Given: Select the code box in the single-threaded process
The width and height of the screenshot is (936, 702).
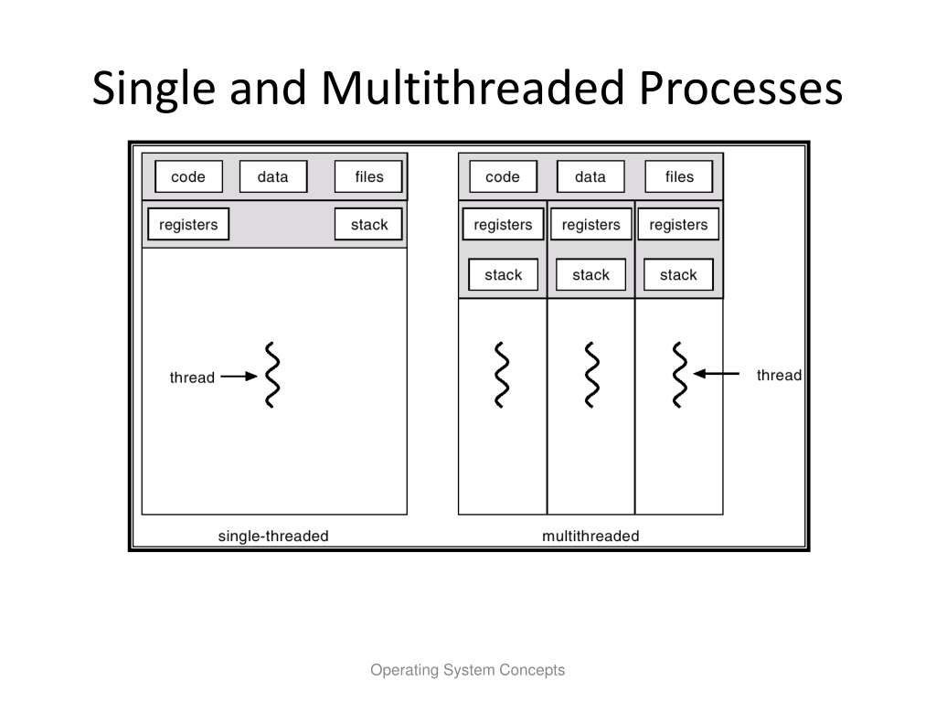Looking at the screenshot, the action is (x=188, y=176).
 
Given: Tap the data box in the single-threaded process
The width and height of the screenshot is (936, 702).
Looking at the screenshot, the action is (x=273, y=176).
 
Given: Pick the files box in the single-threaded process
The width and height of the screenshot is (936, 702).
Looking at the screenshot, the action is (x=368, y=176).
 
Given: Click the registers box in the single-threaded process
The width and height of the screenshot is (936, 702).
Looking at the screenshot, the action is (x=188, y=225).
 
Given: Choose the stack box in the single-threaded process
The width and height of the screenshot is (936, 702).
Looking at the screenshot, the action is (x=368, y=225).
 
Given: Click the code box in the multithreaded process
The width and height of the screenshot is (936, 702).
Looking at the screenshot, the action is (x=504, y=176).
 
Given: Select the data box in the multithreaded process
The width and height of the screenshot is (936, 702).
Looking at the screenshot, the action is (x=591, y=176).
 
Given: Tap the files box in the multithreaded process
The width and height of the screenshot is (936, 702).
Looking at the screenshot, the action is (x=679, y=176).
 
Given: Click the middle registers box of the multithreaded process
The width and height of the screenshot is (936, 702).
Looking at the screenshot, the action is (x=591, y=225).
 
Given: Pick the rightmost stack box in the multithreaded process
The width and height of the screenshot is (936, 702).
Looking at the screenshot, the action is (x=679, y=274).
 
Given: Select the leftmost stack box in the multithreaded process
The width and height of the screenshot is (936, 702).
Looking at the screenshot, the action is (x=504, y=274).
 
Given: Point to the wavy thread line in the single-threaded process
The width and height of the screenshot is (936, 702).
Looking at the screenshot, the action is (x=272, y=375).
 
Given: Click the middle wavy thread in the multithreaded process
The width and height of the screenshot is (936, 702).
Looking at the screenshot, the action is (x=591, y=375).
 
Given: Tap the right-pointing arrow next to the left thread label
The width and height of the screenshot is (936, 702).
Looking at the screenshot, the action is (x=239, y=376).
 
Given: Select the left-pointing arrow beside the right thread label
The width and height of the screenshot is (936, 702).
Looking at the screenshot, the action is (x=717, y=374).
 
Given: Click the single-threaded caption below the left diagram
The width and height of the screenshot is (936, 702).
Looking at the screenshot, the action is (x=273, y=536).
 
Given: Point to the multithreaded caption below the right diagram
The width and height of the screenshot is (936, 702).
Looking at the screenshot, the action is (x=591, y=536).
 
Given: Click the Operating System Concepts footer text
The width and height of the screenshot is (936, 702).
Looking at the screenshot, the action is (x=467, y=670).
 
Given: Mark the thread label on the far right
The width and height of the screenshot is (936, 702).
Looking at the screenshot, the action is (x=779, y=375).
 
